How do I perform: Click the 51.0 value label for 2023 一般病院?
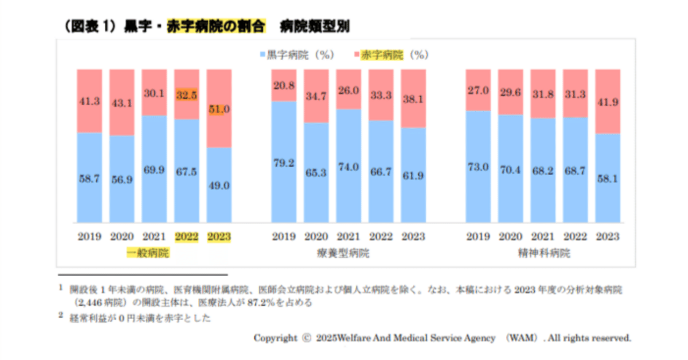pyautogui.click(x=219, y=109)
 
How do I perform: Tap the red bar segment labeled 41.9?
pyautogui.click(x=607, y=101)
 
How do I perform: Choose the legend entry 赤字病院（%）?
pyautogui.click(x=392, y=55)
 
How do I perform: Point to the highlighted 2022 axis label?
pyautogui.click(x=187, y=236)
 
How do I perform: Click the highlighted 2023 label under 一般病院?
pyautogui.click(x=219, y=236)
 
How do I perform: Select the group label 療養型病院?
pyautogui.click(x=349, y=253)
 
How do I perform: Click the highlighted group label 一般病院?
pyautogui.click(x=147, y=253)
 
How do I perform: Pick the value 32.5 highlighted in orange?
pyautogui.click(x=187, y=95)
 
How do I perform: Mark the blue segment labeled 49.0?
pyautogui.click(x=219, y=185)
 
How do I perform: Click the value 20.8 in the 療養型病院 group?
pyautogui.click(x=284, y=85)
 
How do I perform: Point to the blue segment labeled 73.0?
pyautogui.click(x=478, y=167)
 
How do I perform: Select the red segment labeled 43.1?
pyautogui.click(x=121, y=102)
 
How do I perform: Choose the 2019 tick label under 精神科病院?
pyautogui.click(x=478, y=236)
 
